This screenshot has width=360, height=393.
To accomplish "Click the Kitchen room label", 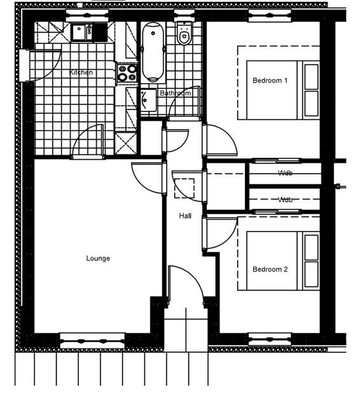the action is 81,72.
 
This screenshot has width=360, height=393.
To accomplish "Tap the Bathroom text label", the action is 176,93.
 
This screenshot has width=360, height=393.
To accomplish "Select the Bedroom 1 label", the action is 270,81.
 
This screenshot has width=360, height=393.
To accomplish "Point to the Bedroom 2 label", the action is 270,269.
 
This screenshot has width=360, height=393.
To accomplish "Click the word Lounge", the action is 98,258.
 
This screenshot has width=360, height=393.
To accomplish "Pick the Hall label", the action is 185,216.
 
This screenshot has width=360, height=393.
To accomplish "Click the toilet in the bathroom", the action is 184,34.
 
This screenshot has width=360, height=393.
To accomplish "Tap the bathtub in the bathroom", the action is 153,52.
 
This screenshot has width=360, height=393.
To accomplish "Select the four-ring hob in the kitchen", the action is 127,73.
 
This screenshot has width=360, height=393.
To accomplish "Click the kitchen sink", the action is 82,32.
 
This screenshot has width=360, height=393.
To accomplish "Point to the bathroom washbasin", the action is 148,100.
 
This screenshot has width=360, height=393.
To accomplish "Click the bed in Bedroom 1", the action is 283,90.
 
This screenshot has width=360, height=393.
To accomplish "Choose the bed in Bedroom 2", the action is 283,261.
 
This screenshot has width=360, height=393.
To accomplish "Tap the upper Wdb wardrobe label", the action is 285,173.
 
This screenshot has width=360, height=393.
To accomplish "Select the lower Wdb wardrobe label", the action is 285,200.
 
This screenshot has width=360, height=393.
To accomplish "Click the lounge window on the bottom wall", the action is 92,341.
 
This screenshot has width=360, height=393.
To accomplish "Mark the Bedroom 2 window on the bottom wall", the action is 270,339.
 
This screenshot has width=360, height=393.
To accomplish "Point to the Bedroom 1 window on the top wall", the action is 270,15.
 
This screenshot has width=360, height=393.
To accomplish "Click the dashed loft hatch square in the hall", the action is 184,188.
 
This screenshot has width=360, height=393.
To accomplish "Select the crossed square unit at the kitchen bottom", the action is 126,143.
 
